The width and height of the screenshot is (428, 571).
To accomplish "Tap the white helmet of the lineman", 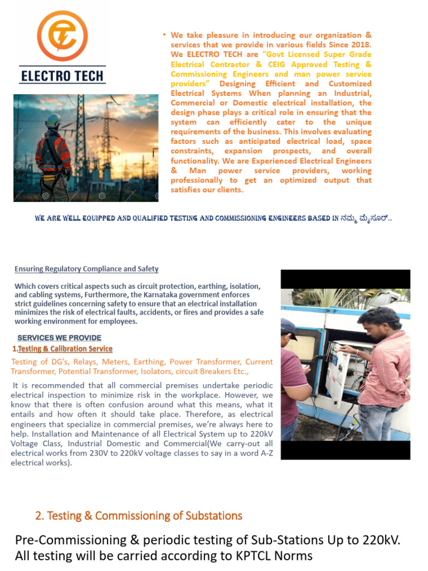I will tap(53, 120).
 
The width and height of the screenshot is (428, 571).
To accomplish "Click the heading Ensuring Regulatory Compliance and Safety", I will tap(86, 269).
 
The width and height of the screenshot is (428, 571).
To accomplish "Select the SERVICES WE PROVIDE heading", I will tap(60, 338).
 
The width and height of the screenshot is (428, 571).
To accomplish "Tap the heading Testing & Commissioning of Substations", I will tap(139, 516).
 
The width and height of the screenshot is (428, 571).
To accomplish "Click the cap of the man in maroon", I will tap(289, 326).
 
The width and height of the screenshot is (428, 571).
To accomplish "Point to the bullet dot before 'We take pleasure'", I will tap(164, 35).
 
